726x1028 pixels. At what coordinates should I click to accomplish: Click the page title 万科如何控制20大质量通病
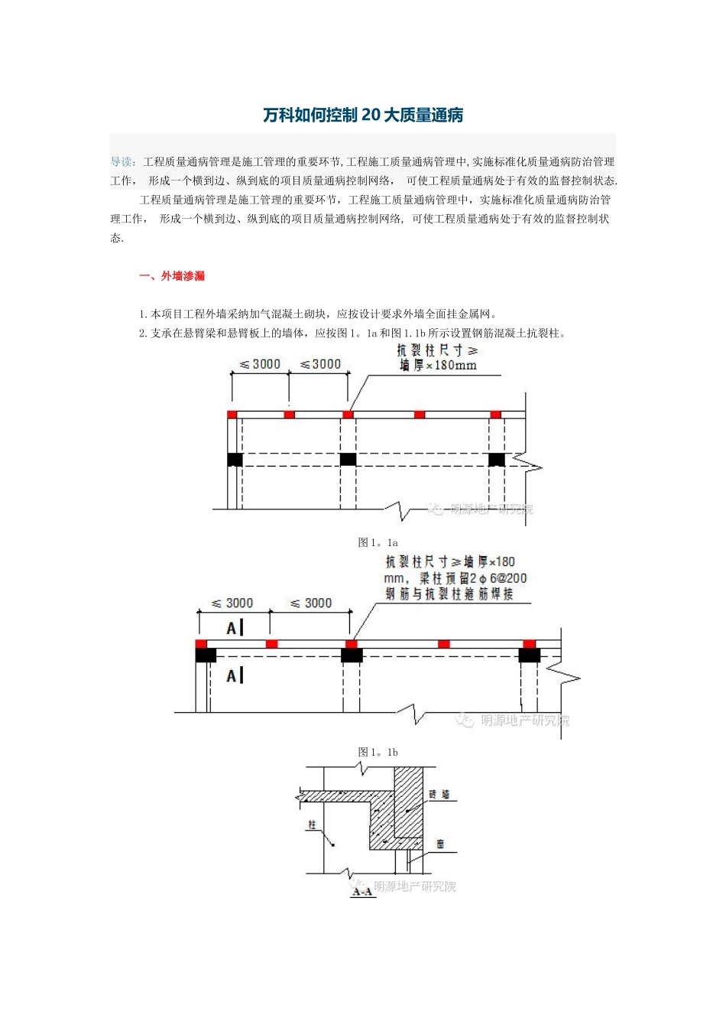pos(363,115)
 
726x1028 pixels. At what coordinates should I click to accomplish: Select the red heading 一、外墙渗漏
pos(172,276)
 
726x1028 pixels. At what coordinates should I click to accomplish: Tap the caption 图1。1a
pos(378,542)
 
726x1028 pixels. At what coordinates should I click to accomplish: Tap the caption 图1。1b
pos(378,752)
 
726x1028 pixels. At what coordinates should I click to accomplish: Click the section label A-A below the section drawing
pos(362,891)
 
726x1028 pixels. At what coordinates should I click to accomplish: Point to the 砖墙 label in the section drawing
pos(439,795)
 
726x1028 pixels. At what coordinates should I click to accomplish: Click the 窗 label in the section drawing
pos(441,844)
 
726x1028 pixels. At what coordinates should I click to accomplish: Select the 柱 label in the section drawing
pos(312,825)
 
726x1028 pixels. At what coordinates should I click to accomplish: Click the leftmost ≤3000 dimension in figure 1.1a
pos(260,364)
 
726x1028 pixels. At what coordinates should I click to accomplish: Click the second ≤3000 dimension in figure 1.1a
pos(320,364)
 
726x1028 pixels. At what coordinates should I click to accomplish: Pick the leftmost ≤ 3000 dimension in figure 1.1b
pos(232,603)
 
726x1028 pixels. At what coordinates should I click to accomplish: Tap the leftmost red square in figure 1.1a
pos(232,415)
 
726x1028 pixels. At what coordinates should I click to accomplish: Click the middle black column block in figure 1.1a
pos(348,459)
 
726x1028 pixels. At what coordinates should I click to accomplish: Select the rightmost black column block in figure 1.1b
pos(529,656)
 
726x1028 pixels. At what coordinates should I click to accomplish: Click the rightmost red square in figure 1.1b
pos(529,644)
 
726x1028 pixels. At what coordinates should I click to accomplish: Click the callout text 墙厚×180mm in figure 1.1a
pos(439,366)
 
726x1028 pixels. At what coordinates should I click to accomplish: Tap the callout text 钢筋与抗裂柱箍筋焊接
pos(449,594)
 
